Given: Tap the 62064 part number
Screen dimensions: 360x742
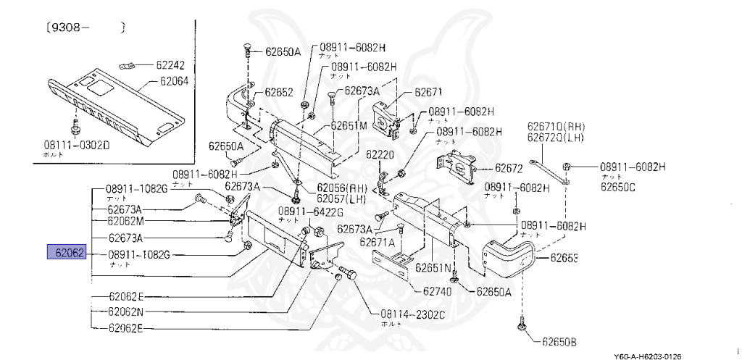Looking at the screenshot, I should tap(172, 82).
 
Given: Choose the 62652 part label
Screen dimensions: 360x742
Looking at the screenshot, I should tap(278, 92).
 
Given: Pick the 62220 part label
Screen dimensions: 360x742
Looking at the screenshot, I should tap(380, 154).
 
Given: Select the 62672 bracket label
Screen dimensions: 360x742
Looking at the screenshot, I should tap(509, 168).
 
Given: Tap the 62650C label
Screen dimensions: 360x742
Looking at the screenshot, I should tap(617, 187).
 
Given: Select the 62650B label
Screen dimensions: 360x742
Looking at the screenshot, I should tap(562, 340).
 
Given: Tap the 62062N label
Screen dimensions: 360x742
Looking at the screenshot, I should tap(126, 312).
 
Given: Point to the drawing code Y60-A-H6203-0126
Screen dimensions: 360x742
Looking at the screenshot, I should tap(647, 356).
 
